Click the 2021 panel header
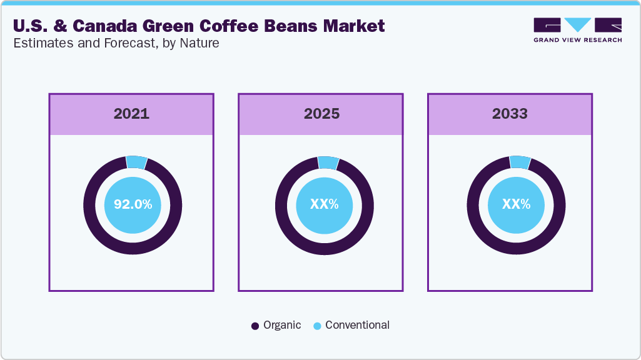pyautogui.click(x=131, y=114)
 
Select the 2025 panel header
pyautogui.click(x=321, y=114)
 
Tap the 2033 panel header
pyautogui.click(x=510, y=114)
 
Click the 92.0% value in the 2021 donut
pyautogui.click(x=133, y=204)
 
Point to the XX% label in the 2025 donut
pyautogui.click(x=324, y=204)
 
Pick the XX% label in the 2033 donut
pyautogui.click(x=516, y=204)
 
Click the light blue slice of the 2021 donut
pyautogui.click(x=136, y=162)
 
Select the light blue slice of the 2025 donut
pyautogui.click(x=328, y=162)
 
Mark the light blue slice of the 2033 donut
pyautogui.click(x=520, y=162)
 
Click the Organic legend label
pyautogui.click(x=282, y=325)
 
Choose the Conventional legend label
pyautogui.click(x=357, y=325)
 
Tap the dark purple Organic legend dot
pyautogui.click(x=255, y=326)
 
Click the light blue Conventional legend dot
pyautogui.click(x=317, y=326)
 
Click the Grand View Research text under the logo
pyautogui.click(x=577, y=40)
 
